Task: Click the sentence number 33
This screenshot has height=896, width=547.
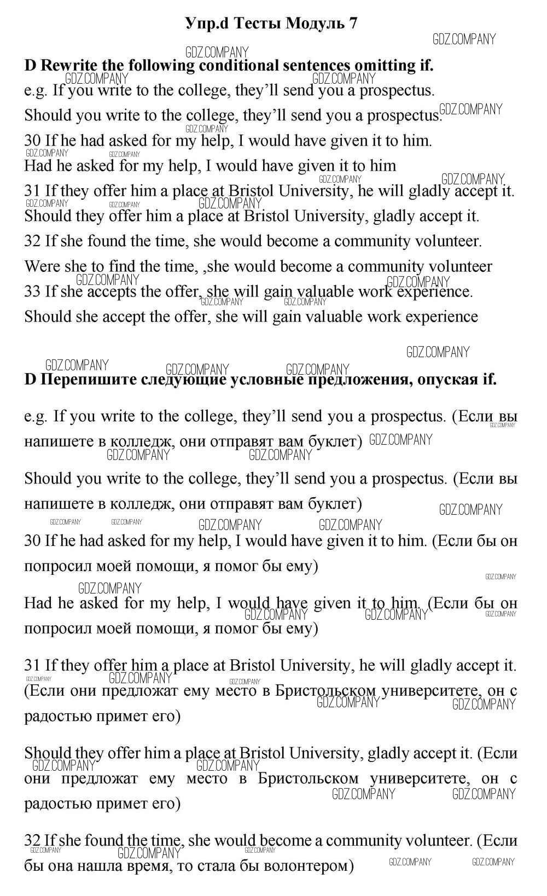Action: pos(32,292)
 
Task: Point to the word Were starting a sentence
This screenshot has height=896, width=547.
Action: pos(43,267)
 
